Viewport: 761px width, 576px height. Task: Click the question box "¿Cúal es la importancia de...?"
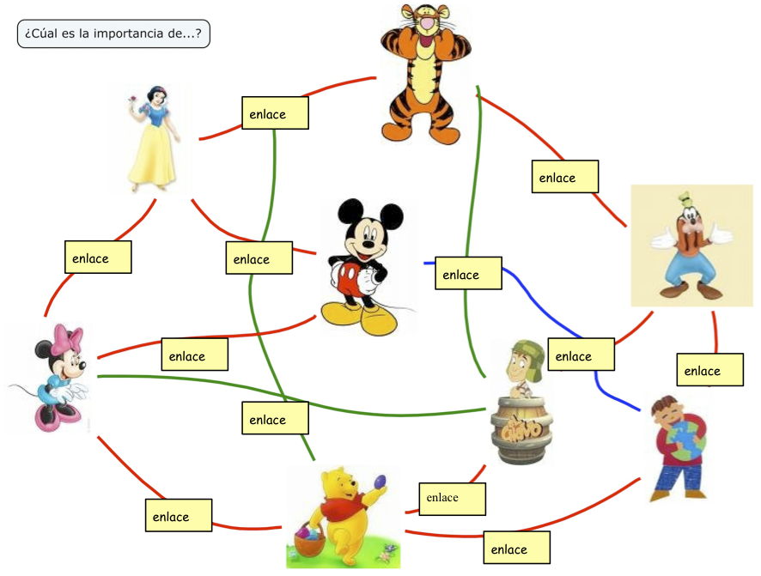[113, 34]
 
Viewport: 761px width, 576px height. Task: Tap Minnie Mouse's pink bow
[67, 337]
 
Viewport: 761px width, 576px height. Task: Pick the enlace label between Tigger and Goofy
[563, 177]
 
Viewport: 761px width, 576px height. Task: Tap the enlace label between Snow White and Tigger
[275, 113]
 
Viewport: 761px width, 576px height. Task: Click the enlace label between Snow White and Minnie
[98, 258]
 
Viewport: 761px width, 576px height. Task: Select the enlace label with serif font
[452, 498]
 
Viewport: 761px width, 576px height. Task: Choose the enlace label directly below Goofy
[709, 371]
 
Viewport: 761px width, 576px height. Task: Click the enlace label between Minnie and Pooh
[179, 516]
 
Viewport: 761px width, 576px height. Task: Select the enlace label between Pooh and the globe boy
[516, 549]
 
